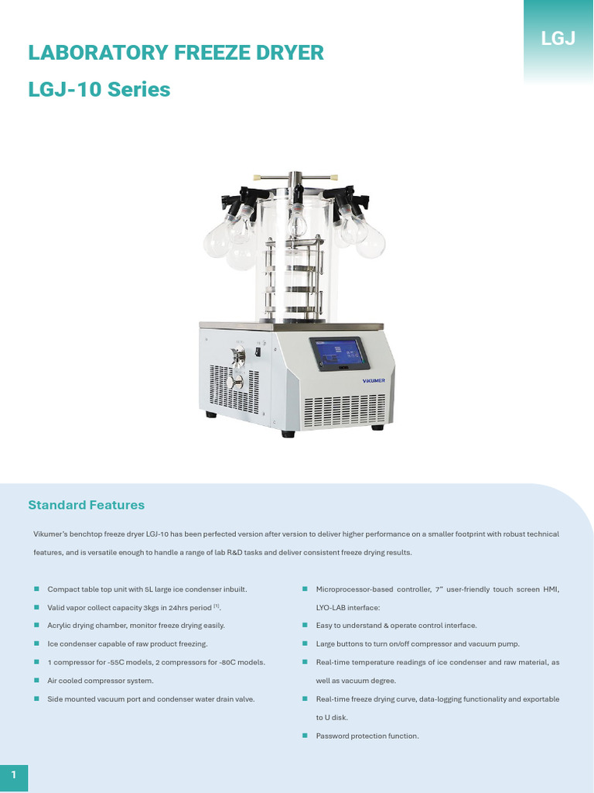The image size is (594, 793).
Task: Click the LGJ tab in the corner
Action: [558, 38]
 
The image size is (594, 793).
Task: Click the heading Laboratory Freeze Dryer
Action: [176, 53]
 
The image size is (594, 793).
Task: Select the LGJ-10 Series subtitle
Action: [99, 90]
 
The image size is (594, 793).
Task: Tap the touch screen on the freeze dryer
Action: [339, 354]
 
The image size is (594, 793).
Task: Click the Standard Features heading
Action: [86, 505]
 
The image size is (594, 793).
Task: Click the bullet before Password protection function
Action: [305, 736]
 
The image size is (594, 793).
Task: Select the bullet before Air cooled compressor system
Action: [36, 681]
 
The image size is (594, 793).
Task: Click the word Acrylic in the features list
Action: [60, 625]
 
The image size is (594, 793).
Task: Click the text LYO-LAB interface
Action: [347, 608]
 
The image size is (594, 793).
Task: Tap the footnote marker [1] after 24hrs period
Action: [217, 606]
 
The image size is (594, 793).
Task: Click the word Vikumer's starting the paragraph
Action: [51, 534]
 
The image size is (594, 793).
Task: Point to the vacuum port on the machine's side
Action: [238, 357]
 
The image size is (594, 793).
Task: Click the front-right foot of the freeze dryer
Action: [377, 427]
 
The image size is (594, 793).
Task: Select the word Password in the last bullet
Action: [332, 736]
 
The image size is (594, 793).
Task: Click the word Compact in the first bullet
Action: [62, 589]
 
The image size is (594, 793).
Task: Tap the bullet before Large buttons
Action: [305, 644]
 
